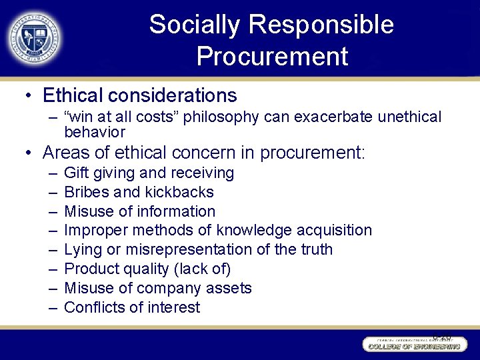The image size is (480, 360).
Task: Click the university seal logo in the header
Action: coord(34,37)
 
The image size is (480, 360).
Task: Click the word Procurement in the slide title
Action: coord(272,57)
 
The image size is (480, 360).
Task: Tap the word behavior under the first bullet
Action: coord(95,132)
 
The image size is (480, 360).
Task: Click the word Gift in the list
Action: coord(75,173)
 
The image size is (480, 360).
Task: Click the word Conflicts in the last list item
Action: coord(93,308)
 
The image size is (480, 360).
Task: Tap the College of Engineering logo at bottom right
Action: coord(411,343)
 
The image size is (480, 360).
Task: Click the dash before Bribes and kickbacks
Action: coord(53,193)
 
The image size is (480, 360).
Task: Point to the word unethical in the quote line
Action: coord(409,117)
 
